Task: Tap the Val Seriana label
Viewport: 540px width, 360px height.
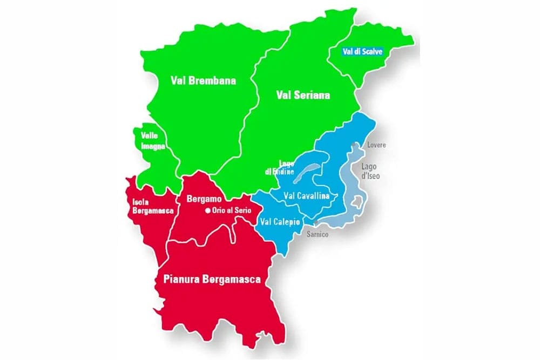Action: click(302, 95)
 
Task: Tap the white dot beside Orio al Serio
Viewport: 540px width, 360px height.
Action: click(207, 211)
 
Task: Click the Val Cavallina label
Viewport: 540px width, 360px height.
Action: click(306, 196)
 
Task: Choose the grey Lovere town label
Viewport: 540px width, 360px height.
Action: click(376, 145)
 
